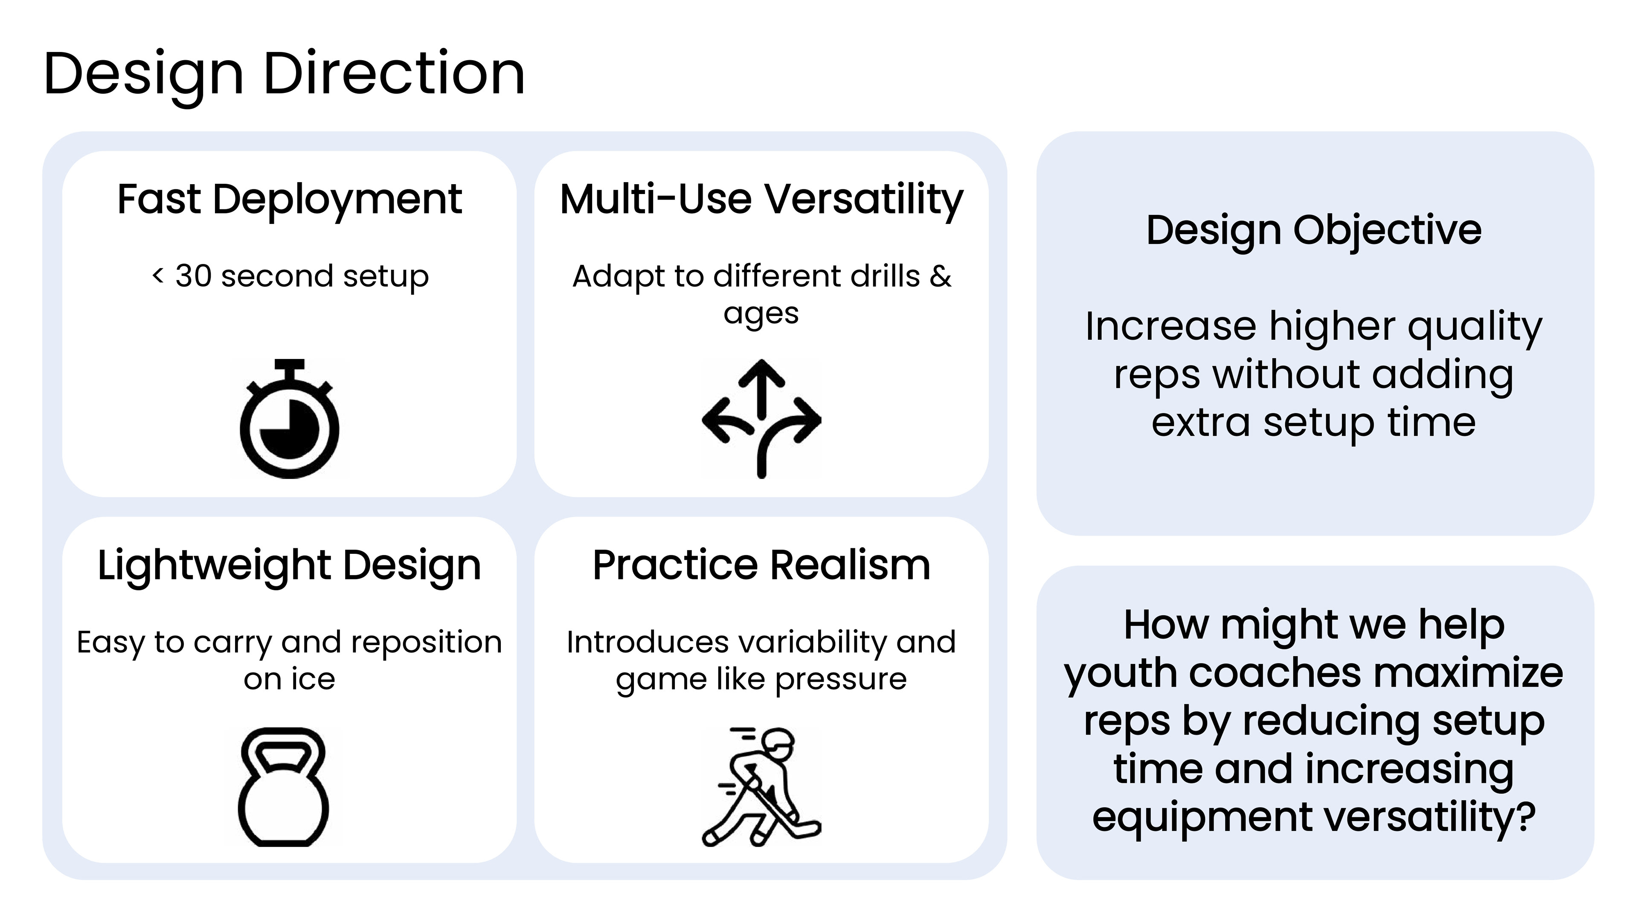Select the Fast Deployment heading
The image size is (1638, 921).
pyautogui.click(x=289, y=201)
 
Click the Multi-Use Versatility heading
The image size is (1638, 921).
pyautogui.click(x=761, y=201)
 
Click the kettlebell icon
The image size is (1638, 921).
pyautogui.click(x=284, y=787)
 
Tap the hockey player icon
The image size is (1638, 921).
pyautogui.click(x=761, y=787)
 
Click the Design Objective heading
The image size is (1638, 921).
pyautogui.click(x=1314, y=231)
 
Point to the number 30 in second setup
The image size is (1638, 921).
pyautogui.click(x=193, y=276)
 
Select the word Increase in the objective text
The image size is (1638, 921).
pyautogui.click(x=1170, y=327)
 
